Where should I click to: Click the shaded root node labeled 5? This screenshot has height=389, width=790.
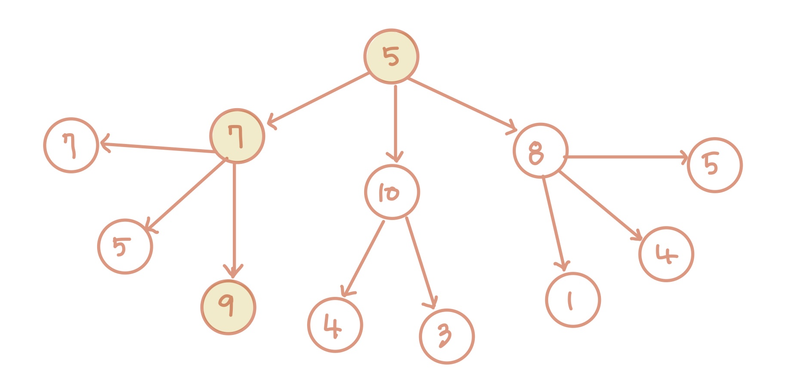coord(391,57)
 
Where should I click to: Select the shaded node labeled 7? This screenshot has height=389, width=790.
coord(237,136)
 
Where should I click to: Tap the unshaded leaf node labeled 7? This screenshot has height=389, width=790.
coord(71,145)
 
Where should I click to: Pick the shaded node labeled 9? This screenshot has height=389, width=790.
coord(228,307)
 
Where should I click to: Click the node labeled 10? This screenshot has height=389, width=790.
coord(392,192)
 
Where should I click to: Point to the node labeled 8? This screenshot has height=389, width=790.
coord(540,151)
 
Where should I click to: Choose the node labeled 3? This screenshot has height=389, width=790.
coord(446,336)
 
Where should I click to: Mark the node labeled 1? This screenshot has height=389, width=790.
coord(573,300)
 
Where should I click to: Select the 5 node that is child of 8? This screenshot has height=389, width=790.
coord(714,165)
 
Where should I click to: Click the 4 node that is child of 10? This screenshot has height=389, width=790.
coord(335,325)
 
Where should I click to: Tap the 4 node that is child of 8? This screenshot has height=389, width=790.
coord(666,254)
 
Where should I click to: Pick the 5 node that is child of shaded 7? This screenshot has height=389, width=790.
coord(125,246)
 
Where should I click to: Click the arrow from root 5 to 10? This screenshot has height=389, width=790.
coord(395,120)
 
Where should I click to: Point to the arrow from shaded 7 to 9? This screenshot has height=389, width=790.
coord(234,219)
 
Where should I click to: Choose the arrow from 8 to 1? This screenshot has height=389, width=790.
coord(554,223)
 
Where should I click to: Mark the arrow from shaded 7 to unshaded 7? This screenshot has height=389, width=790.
coord(157,148)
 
